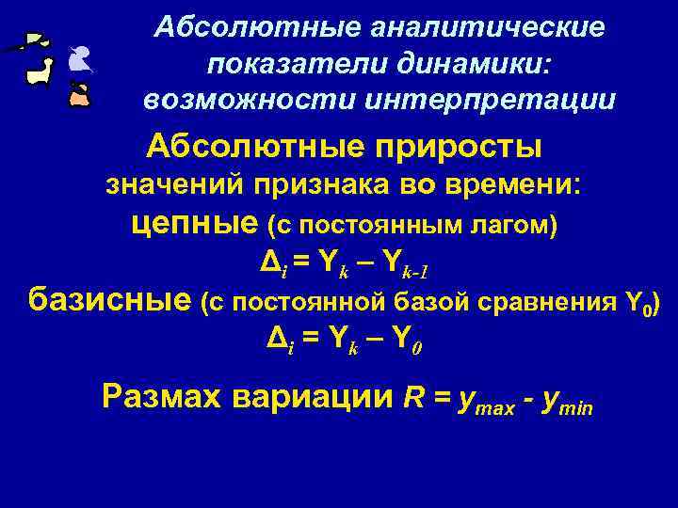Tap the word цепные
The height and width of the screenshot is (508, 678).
coord(193,225)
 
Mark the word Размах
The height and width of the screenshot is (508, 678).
coord(162,397)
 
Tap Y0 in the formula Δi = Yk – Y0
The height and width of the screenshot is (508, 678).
coord(409,343)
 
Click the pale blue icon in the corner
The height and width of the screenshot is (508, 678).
coord(78,63)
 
